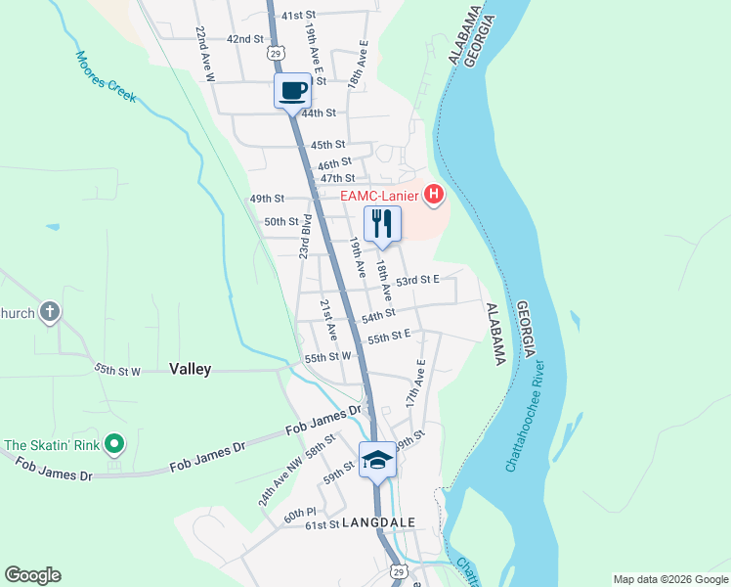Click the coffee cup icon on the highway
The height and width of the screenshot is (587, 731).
click(x=293, y=91)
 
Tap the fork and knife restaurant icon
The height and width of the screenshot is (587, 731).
click(x=382, y=224)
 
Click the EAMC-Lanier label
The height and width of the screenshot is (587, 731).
click(x=379, y=197)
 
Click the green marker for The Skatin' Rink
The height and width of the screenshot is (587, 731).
click(x=114, y=445)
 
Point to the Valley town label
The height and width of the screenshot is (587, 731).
click(x=190, y=369)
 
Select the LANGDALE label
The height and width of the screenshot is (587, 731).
click(x=379, y=523)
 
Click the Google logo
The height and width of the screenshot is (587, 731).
click(x=32, y=575)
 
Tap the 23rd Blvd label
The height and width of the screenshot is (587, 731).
click(x=305, y=237)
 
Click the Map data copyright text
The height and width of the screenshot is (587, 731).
click(x=669, y=579)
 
